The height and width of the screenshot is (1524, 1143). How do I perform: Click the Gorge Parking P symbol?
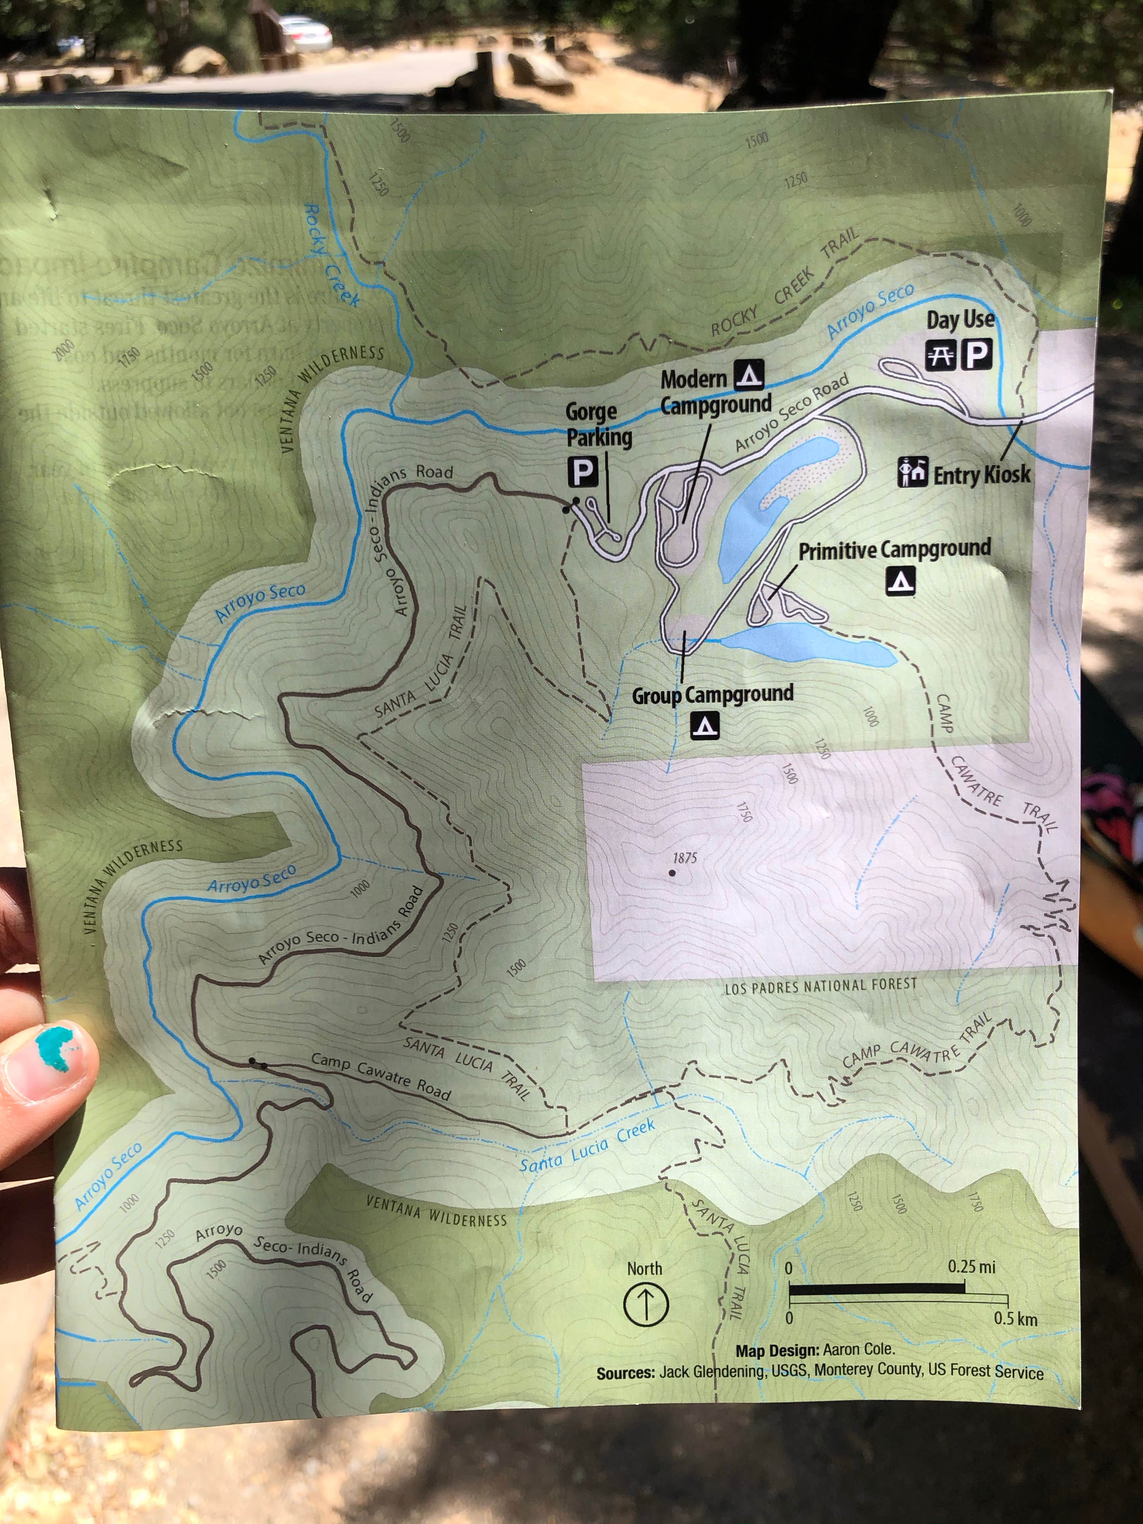(x=583, y=472)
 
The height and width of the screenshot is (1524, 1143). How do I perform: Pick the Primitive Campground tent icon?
(x=900, y=581)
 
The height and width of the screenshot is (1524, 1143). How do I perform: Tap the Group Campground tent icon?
(x=705, y=725)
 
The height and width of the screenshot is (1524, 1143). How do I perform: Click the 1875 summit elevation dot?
(x=672, y=873)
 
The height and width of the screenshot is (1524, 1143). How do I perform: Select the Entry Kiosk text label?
(x=982, y=474)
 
